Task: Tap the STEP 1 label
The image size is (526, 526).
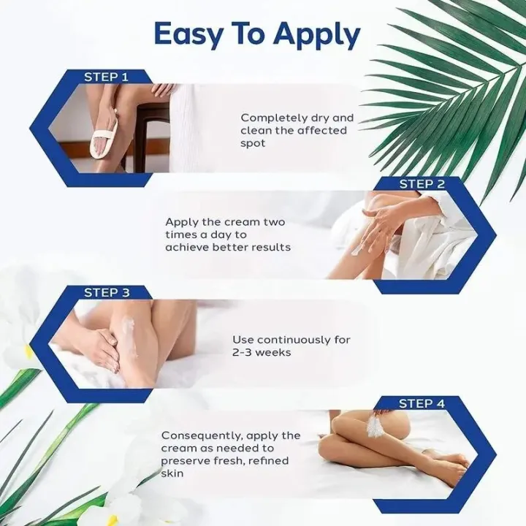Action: pyautogui.click(x=106, y=76)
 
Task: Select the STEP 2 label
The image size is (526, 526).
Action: pyautogui.click(x=422, y=185)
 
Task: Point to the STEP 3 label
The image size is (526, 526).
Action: pyautogui.click(x=106, y=292)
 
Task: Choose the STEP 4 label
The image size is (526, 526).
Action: pyautogui.click(x=422, y=403)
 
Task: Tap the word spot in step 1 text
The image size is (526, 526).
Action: pyautogui.click(x=253, y=144)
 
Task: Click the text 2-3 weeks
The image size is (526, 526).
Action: pyautogui.click(x=262, y=353)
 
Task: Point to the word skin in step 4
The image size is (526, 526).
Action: pyautogui.click(x=174, y=474)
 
